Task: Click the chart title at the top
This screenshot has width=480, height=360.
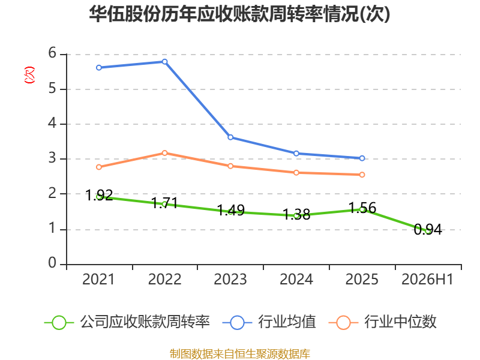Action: click(x=239, y=14)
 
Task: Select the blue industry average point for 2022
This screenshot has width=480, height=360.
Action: click(x=164, y=62)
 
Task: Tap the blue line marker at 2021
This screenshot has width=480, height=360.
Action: click(x=99, y=68)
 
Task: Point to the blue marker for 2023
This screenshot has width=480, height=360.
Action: click(x=230, y=137)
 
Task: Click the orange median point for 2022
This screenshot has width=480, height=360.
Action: click(x=164, y=153)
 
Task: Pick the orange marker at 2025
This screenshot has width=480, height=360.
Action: click(x=362, y=175)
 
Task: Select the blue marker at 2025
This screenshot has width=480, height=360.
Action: click(x=362, y=158)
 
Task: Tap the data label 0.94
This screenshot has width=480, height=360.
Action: click(x=428, y=230)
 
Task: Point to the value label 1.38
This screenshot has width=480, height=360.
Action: click(x=296, y=214)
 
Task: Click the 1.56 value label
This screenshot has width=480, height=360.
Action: click(x=362, y=208)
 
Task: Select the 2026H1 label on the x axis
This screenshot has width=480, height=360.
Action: click(x=427, y=280)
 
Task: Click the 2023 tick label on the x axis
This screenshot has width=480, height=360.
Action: click(x=230, y=280)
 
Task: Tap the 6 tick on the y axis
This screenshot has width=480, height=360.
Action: click(x=52, y=53)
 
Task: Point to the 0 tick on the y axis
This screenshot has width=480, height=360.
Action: click(x=52, y=263)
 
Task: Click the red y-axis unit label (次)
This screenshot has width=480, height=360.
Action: click(x=29, y=75)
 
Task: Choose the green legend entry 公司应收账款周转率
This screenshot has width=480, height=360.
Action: click(x=127, y=322)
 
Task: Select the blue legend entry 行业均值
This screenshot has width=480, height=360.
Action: click(x=269, y=322)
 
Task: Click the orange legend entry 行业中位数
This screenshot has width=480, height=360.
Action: click(x=382, y=322)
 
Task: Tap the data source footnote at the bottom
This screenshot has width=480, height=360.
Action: click(x=240, y=354)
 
